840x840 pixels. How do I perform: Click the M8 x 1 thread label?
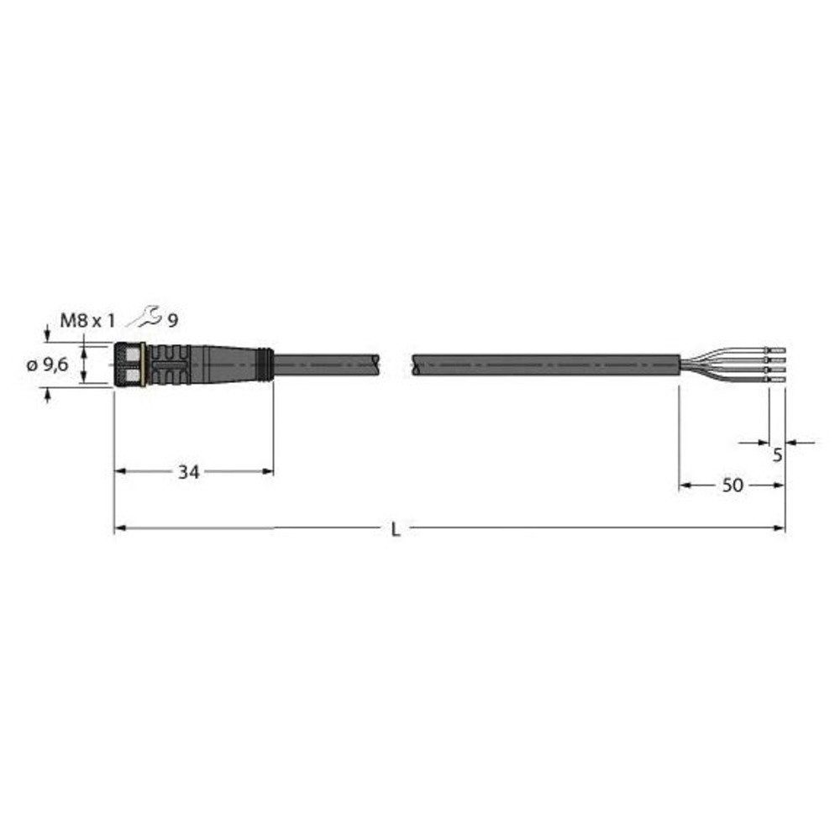click(x=87, y=319)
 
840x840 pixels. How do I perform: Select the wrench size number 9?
click(x=172, y=319)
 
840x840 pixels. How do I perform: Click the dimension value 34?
click(x=188, y=472)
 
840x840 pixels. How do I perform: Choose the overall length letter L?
click(x=396, y=529)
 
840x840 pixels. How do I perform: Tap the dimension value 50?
click(x=732, y=486)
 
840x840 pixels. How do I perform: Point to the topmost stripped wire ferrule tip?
click(x=777, y=349)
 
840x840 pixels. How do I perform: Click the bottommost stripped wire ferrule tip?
click(x=777, y=381)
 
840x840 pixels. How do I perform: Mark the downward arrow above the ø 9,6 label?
click(x=47, y=337)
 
